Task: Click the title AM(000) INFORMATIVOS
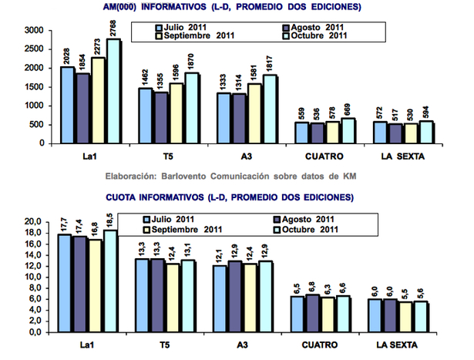click(232, 7)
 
